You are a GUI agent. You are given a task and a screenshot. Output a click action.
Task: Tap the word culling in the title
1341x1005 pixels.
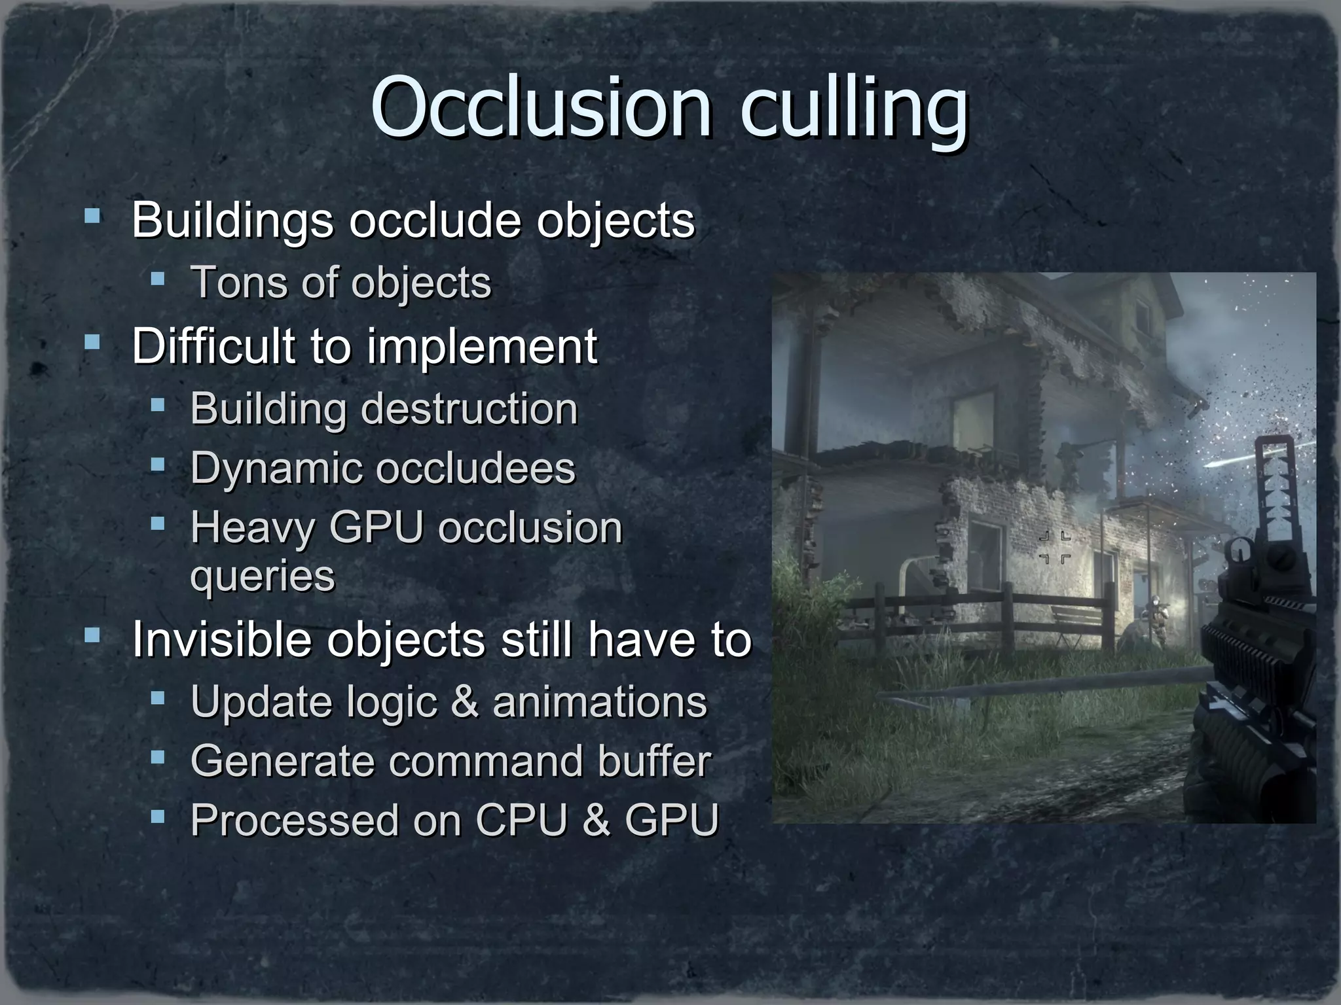click(854, 108)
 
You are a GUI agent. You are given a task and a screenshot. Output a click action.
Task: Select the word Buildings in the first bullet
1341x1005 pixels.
click(232, 220)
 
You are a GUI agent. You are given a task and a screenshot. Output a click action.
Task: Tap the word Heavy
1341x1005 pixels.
click(252, 529)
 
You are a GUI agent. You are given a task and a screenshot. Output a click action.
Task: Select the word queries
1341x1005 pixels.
click(262, 576)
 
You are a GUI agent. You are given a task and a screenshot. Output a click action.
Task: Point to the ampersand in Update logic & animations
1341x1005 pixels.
click(464, 702)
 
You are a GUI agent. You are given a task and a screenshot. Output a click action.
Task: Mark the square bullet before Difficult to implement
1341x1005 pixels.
click(92, 342)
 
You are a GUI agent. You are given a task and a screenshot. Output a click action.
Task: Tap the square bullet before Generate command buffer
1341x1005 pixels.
click(157, 758)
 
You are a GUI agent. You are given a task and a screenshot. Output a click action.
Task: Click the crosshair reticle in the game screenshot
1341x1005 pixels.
click(1055, 548)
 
